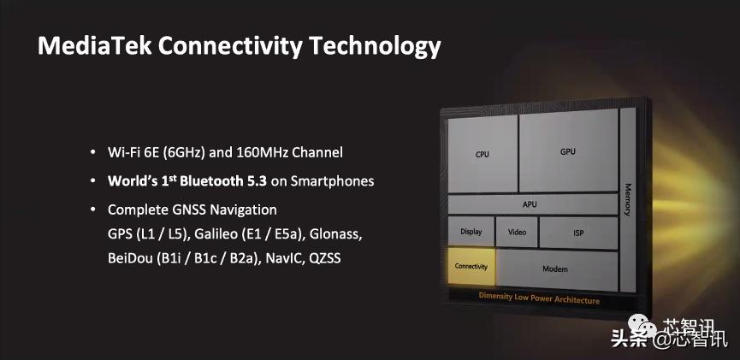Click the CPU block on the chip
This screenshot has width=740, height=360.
(482, 154)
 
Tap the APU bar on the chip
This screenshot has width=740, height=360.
(532, 204)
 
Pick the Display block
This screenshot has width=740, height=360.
(471, 231)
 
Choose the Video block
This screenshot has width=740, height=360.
(517, 232)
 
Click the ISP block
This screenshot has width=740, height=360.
(578, 233)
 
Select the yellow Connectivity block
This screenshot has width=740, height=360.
(471, 266)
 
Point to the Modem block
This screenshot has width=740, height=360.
(557, 270)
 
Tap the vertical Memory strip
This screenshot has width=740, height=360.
(628, 200)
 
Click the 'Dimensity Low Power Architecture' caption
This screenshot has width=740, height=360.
(539, 298)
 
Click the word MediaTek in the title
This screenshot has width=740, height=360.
(94, 46)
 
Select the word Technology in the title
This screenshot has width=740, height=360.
(376, 47)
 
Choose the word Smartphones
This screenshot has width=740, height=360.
(332, 181)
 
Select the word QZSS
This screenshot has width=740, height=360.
(325, 259)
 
